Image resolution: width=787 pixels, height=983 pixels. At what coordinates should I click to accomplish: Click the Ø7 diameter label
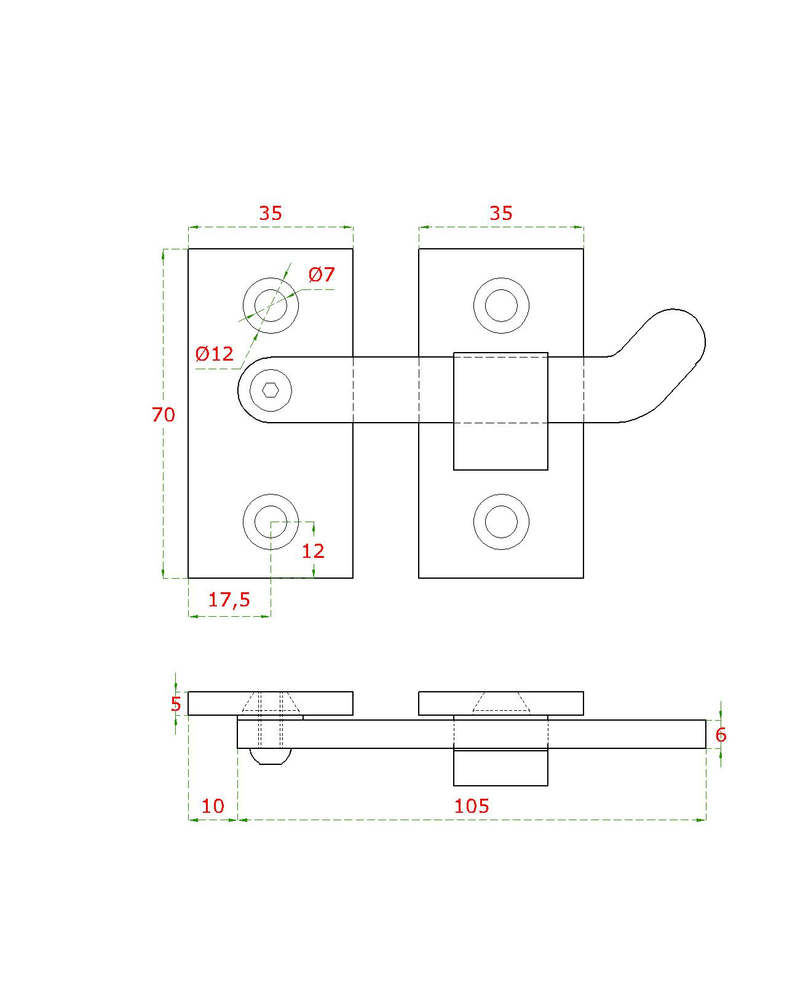[322, 275]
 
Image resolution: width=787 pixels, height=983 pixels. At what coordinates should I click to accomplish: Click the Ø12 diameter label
[214, 353]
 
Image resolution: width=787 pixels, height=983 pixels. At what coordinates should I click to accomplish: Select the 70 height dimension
[164, 415]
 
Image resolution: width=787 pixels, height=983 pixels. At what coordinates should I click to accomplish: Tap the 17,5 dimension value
[229, 600]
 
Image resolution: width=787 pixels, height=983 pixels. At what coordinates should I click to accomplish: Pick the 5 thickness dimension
[176, 704]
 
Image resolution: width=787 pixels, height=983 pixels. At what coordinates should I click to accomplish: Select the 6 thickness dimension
[721, 735]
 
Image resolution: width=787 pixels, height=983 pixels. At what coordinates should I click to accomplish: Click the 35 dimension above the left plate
[271, 213]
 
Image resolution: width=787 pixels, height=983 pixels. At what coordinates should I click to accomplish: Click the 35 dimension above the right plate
[501, 213]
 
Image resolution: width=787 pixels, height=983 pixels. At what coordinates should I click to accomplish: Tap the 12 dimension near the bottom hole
[313, 551]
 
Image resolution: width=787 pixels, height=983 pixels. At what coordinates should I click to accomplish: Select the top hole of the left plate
[271, 305]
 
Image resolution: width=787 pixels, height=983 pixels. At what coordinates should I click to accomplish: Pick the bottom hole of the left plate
[271, 522]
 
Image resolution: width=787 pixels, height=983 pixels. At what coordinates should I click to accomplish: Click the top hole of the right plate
[501, 305]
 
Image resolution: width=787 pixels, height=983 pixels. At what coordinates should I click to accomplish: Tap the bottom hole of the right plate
[501, 522]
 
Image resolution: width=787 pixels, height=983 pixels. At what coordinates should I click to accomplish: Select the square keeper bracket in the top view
[500, 411]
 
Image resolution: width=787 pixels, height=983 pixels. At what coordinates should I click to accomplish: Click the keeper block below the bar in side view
[500, 767]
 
